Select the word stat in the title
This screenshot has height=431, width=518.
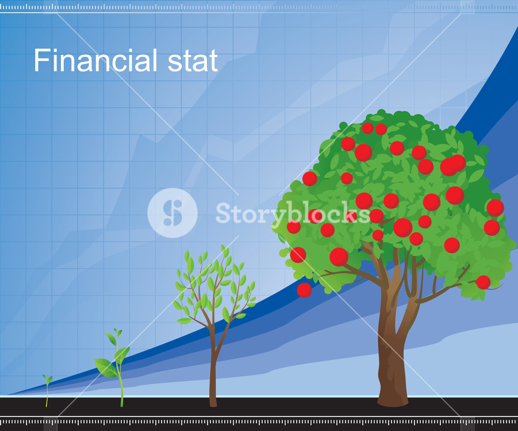point(193,61)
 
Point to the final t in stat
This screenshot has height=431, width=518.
point(213,61)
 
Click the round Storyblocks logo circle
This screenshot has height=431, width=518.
point(172,213)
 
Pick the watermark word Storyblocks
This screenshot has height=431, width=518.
point(293,213)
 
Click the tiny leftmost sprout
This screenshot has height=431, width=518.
point(47,390)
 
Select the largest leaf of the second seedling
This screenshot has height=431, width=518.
point(106,368)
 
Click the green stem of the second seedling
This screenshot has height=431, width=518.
point(120,380)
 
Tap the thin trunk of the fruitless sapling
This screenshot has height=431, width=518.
point(213,367)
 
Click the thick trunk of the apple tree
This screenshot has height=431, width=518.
point(392,357)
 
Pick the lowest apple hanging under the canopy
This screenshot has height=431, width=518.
point(304,290)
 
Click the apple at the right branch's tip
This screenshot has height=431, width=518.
point(483,282)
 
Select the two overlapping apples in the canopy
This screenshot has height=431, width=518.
point(453,165)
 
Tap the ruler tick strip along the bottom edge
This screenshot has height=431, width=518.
point(259,422)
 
